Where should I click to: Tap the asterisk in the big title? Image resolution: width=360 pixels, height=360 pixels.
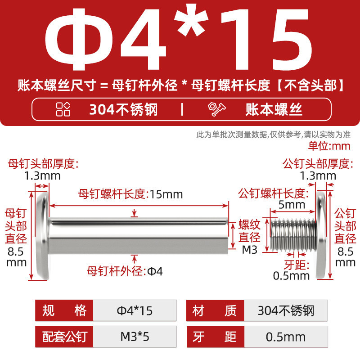pyautogui.click(x=191, y=20)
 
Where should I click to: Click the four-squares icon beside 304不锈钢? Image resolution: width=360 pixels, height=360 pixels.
pyautogui.click(x=63, y=109)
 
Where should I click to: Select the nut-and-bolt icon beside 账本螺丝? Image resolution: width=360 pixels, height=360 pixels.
pyautogui.click(x=216, y=109)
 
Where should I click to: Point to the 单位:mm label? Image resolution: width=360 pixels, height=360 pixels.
pyautogui.click(x=329, y=146)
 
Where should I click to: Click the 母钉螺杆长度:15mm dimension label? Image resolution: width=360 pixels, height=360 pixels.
pyautogui.click(x=130, y=194)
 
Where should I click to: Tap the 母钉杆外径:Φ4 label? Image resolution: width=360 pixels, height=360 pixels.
pyautogui.click(x=125, y=271)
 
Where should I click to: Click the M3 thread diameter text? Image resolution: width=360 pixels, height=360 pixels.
pyautogui.click(x=250, y=250)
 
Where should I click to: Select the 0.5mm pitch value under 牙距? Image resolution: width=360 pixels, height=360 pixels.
pyautogui.click(x=291, y=276)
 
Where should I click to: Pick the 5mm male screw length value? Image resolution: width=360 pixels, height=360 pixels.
pyautogui.click(x=292, y=205)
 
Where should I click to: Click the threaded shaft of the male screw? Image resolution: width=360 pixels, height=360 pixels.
pyautogui.click(x=293, y=235)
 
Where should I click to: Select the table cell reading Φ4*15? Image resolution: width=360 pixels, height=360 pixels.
pyautogui.click(x=135, y=310)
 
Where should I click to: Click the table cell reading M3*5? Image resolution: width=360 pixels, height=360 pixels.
pyautogui.click(x=135, y=337)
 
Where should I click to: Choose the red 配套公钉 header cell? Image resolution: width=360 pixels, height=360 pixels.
pyautogui.click(x=64, y=337)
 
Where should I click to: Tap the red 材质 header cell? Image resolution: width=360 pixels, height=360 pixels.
pyautogui.click(x=215, y=310)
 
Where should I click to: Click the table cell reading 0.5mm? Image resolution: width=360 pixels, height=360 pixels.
pyautogui.click(x=286, y=337)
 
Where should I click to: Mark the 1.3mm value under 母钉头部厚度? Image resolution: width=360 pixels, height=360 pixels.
pyautogui.click(x=42, y=176)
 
